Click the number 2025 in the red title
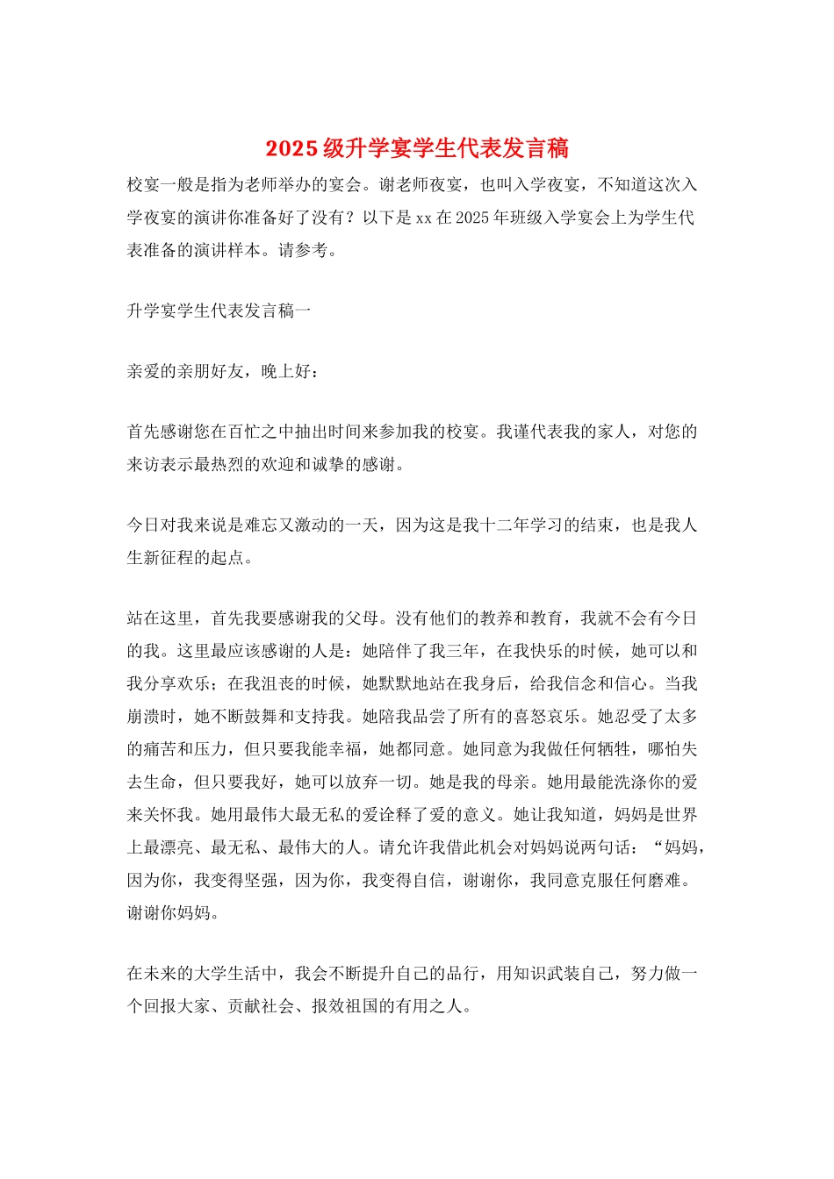pos(291,148)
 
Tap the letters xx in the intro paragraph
pos(423,218)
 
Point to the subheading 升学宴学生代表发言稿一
pos(219,311)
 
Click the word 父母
pos(363,618)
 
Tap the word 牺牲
pos(614,748)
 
